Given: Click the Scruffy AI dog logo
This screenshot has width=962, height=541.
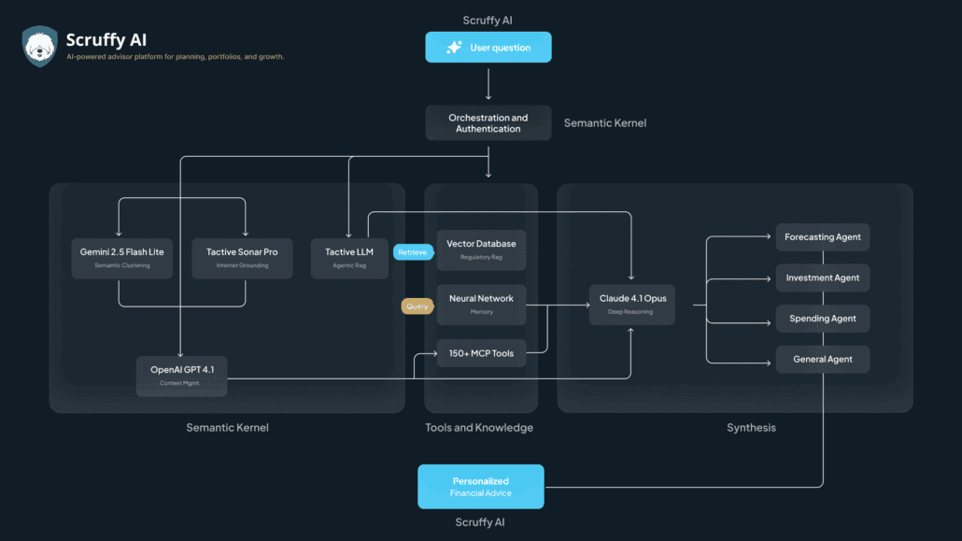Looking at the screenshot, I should [40, 47].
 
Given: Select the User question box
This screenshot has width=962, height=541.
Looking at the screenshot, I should [488, 48].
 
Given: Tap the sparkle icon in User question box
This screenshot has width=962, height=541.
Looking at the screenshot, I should [454, 48].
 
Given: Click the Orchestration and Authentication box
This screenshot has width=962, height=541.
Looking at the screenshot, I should [488, 123].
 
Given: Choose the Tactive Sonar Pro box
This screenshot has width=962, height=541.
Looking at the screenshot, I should [242, 258].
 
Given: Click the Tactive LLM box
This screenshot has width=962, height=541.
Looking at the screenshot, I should [348, 258].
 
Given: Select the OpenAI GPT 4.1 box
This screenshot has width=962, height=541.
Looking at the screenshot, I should [181, 376].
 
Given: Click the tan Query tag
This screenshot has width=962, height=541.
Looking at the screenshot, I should [417, 306].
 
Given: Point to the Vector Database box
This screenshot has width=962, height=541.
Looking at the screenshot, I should [481, 249].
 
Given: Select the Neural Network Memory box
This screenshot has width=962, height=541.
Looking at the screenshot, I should [481, 305].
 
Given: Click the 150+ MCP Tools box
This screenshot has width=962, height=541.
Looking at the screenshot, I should [481, 353].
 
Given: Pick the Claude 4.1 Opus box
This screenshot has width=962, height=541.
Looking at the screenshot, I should [631, 305].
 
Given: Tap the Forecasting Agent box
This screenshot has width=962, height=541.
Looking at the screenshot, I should [822, 237].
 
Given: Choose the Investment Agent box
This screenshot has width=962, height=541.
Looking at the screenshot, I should [822, 278].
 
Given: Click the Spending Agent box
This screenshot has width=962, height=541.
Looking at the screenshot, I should [822, 319].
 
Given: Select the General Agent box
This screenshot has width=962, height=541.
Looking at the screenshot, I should [822, 360].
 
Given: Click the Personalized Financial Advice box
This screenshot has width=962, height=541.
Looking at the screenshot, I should [480, 487].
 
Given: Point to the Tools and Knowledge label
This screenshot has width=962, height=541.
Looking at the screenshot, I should [480, 428].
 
